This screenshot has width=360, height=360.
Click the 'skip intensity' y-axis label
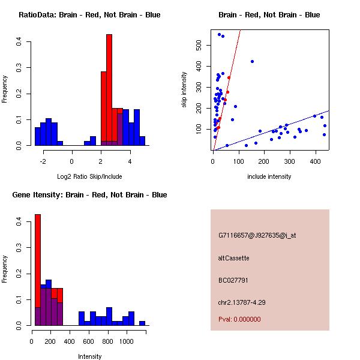[185, 90]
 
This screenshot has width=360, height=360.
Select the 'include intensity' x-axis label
[269, 177]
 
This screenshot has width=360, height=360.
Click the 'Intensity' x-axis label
[90, 356]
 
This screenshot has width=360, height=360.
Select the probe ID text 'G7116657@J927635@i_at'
[257, 235]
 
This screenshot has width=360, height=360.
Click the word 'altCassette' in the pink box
[233, 258]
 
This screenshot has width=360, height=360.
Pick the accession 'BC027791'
[233, 280]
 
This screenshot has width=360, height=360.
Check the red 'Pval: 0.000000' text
[239, 319]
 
